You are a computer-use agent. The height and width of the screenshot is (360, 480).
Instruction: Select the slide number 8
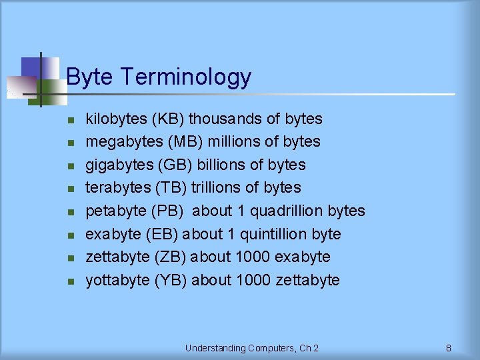pos(449,348)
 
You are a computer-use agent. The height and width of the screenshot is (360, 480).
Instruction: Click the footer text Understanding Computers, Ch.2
pos(252,348)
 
